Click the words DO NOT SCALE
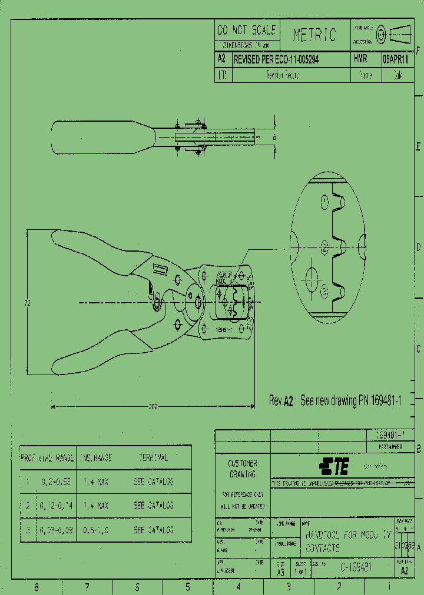[x=246, y=31]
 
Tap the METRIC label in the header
[x=314, y=35]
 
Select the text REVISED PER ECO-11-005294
[x=277, y=59]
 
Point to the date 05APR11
[x=396, y=59]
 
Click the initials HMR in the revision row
[x=360, y=59]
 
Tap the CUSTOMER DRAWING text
[x=243, y=469]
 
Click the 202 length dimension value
[x=154, y=406]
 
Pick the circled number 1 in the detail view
[x=324, y=202]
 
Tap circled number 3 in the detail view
[x=323, y=289]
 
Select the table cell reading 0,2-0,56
[x=56, y=481]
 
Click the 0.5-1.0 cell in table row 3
[x=96, y=530]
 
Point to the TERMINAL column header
[x=153, y=457]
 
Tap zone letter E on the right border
[x=418, y=146]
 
